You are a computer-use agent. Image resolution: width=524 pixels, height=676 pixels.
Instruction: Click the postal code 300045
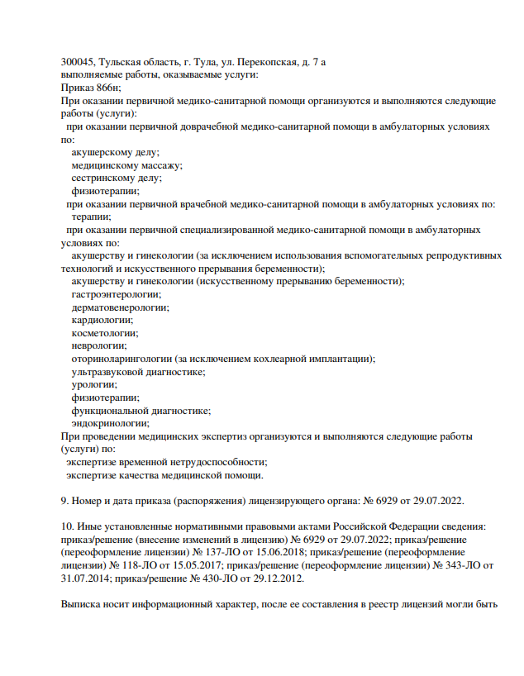pyautogui.click(x=78, y=62)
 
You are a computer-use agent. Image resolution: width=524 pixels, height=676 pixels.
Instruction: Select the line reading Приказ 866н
pyautogui.click(x=91, y=88)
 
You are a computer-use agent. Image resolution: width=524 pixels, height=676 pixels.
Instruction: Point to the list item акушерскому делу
pyautogui.click(x=116, y=152)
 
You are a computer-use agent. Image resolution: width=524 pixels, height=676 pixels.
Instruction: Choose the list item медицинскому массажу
pyautogui.click(x=127, y=164)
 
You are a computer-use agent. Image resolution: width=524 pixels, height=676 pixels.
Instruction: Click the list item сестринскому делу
pyautogui.click(x=117, y=178)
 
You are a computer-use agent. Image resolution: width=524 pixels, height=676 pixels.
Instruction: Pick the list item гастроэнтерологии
pyautogui.click(x=117, y=294)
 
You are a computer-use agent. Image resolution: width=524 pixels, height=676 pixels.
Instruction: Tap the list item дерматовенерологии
pyautogui.click(x=120, y=307)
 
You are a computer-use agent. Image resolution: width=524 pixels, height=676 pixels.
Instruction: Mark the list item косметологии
pyautogui.click(x=104, y=332)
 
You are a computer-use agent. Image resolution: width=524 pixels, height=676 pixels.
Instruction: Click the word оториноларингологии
pyautogui.click(x=122, y=359)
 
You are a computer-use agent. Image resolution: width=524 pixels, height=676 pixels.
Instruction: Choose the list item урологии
pyautogui.click(x=94, y=384)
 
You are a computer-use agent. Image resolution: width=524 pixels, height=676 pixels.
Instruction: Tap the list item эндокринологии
pyautogui.click(x=111, y=422)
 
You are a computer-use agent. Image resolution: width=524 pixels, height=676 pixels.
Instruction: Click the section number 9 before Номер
pyautogui.click(x=64, y=500)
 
